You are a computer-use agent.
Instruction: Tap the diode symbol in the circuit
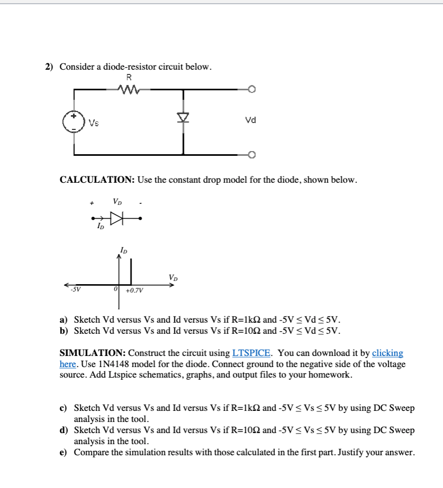[183, 118]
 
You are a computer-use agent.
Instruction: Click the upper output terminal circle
[252, 90]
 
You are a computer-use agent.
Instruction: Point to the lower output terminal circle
[252, 155]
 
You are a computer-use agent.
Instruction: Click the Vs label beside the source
[94, 124]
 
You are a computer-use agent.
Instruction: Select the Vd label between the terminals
[251, 120]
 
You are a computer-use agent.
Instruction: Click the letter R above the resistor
[128, 77]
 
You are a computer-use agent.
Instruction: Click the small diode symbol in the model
[115, 217]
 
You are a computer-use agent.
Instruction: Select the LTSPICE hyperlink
[252, 353]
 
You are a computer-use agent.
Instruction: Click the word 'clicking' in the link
[387, 353]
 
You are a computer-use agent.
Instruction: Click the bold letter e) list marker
[63, 452]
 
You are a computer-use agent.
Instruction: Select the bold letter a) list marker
[63, 320]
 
